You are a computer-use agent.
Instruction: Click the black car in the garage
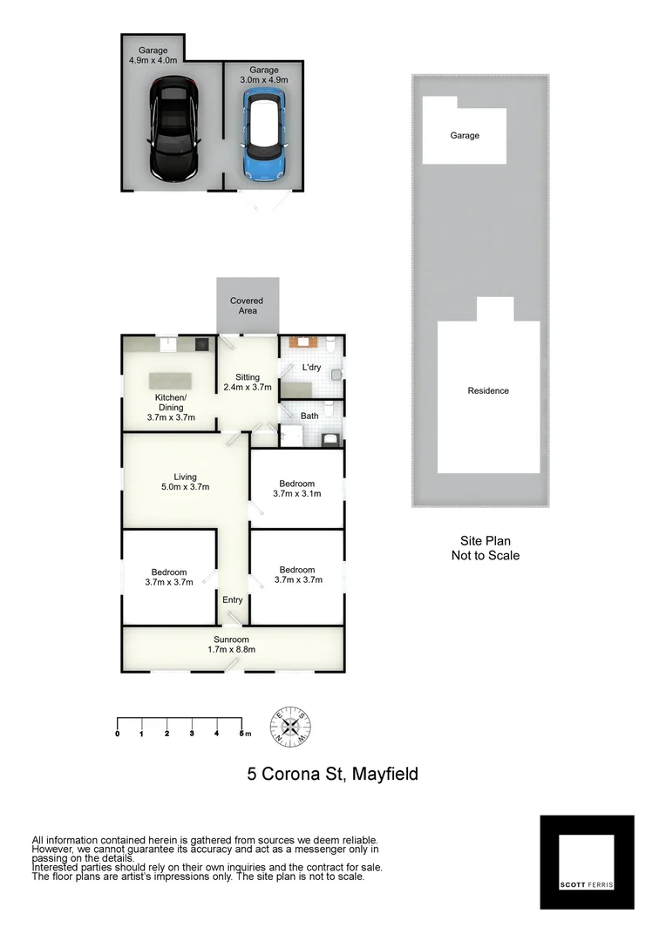pyautogui.click(x=175, y=131)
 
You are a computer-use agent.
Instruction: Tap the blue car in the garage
pyautogui.click(x=263, y=137)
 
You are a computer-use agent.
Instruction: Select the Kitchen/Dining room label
pyautogui.click(x=170, y=408)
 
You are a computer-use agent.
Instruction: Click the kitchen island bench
pyautogui.click(x=170, y=381)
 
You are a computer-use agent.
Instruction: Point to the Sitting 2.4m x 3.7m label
pyautogui.click(x=248, y=382)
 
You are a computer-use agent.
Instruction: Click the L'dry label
pyautogui.click(x=311, y=368)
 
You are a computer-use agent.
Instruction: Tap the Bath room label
pyautogui.click(x=309, y=416)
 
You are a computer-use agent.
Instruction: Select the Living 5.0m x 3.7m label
pyautogui.click(x=185, y=482)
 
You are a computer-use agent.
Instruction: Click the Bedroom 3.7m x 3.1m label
pyautogui.click(x=297, y=489)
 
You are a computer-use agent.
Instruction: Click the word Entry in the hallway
pyautogui.click(x=233, y=600)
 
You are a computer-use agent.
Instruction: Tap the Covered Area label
pyautogui.click(x=247, y=306)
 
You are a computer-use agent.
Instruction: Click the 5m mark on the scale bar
pyautogui.click(x=242, y=734)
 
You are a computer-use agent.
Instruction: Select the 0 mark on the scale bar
pyautogui.click(x=118, y=734)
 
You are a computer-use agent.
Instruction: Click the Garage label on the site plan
pyautogui.click(x=465, y=136)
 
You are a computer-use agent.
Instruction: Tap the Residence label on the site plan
pyautogui.click(x=488, y=391)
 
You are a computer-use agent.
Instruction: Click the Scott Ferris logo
pyautogui.click(x=587, y=862)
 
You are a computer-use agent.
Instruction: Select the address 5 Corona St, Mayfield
pyautogui.click(x=332, y=773)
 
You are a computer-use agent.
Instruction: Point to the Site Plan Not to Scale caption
pyautogui.click(x=485, y=548)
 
